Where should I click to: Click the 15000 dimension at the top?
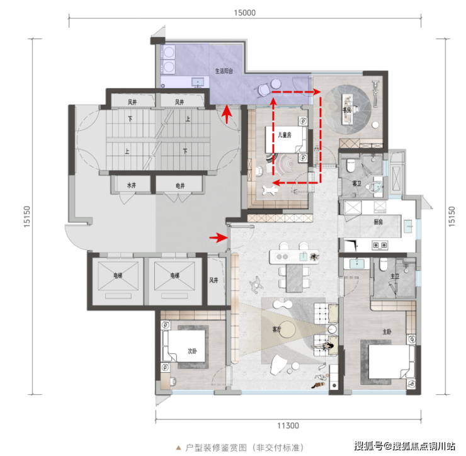tap(244, 13)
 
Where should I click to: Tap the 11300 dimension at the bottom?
tap(288, 426)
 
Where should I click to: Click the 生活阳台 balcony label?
tap(224, 71)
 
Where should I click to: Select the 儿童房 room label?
tap(285, 135)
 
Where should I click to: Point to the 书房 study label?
tap(346, 110)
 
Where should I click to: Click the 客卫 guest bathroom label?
tap(356, 183)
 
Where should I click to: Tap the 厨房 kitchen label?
tap(378, 222)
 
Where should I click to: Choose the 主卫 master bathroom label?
tap(395, 276)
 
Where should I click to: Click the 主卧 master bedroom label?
tap(387, 331)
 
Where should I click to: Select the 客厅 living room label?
tap(276, 329)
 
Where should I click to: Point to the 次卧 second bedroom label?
tap(192, 351)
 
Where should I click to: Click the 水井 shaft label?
tap(132, 186)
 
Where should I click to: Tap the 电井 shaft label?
tap(180, 186)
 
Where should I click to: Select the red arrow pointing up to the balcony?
tap(227, 114)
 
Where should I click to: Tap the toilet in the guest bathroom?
tap(351, 166)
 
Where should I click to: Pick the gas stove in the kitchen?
tap(380, 245)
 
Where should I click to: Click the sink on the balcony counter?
tap(198, 81)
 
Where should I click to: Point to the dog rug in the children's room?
tap(270, 190)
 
